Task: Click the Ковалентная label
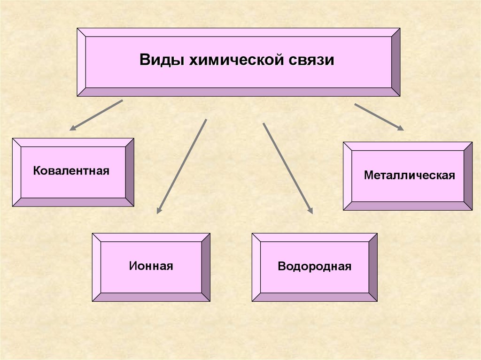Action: pyautogui.click(x=71, y=170)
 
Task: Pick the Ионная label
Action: pyautogui.click(x=151, y=266)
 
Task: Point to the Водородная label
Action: pyautogui.click(x=314, y=267)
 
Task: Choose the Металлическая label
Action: pyautogui.click(x=410, y=176)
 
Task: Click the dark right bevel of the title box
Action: pyautogui.click(x=396, y=62)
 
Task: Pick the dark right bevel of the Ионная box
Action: pyautogui.click(x=206, y=267)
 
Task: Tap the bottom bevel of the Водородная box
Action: pyautogui.click(x=314, y=297)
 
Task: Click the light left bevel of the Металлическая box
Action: pyautogui.click(x=348, y=176)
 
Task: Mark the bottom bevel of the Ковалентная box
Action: pyautogui.click(x=73, y=202)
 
